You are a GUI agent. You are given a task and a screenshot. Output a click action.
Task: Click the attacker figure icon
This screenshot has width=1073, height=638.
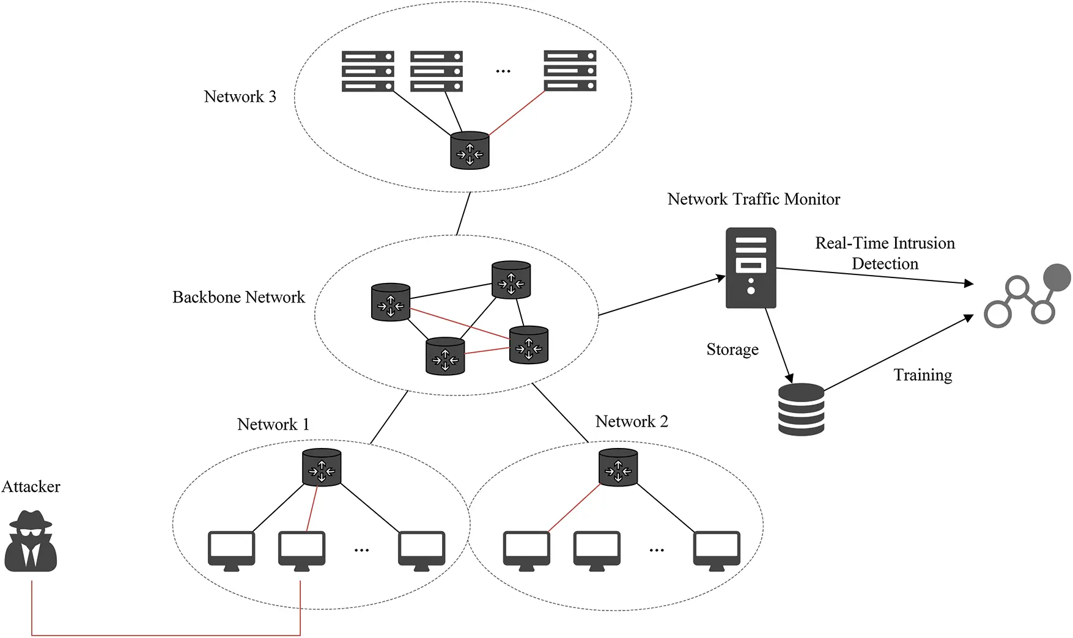pos(31,541)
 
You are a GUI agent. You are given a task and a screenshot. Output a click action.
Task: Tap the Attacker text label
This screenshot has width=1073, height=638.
pos(31,486)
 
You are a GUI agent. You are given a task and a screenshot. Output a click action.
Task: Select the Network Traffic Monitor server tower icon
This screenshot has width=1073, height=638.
pos(751,268)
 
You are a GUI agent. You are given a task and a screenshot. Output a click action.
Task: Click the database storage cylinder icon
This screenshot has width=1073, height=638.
pos(801,409)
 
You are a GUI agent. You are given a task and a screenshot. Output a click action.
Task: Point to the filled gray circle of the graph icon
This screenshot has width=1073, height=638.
pos(1056,277)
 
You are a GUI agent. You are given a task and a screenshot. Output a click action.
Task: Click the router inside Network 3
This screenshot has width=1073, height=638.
pos(470,150)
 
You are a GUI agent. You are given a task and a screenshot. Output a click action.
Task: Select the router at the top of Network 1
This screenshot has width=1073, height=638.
pos(322,468)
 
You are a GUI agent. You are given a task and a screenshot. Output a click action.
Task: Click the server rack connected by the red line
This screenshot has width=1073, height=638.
pos(570,71)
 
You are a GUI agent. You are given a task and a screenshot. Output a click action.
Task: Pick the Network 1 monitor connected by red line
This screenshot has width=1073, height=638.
pos(301,549)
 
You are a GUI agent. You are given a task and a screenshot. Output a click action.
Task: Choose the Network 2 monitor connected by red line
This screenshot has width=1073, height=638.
pos(526,549)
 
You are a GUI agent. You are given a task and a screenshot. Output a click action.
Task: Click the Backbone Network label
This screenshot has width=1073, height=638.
pos(238,298)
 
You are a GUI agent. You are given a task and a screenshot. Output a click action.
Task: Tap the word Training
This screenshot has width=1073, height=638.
pos(923,375)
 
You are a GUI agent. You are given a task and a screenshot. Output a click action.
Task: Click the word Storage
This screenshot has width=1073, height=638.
pos(732,350)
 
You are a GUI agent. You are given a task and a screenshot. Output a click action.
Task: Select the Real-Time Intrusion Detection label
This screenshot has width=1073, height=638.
pos(885,254)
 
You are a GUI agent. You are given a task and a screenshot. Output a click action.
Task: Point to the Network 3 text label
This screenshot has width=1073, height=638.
pos(240,97)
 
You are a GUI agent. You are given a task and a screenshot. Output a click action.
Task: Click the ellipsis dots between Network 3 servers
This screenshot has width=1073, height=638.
pos(503,71)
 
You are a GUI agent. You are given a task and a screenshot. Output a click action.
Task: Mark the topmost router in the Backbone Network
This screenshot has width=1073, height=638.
pos(511,280)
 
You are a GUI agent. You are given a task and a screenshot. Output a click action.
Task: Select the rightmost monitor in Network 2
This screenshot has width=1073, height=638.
pos(717,549)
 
